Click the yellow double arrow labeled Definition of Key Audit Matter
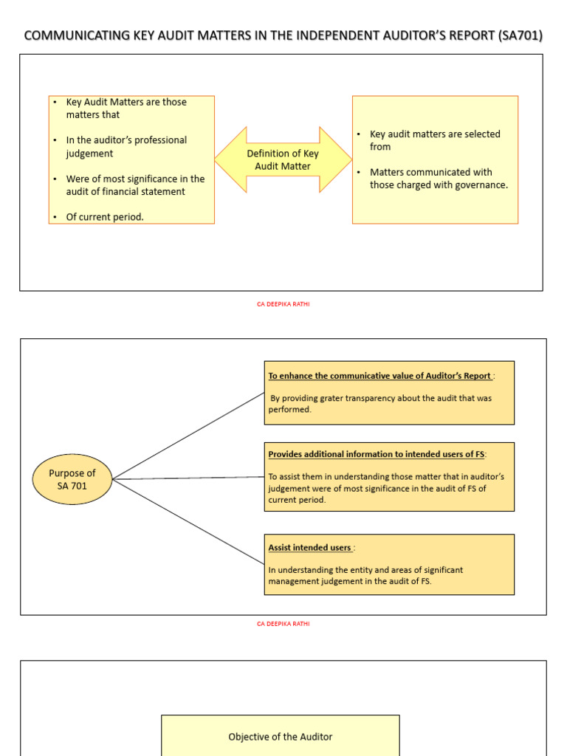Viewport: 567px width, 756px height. click(x=283, y=159)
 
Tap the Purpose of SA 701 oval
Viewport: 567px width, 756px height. click(x=72, y=479)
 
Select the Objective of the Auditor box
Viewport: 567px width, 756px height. click(x=280, y=736)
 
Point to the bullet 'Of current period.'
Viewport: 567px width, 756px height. click(x=105, y=217)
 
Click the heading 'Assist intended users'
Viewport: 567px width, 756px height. click(x=309, y=548)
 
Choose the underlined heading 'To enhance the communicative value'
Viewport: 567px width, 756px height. click(x=379, y=376)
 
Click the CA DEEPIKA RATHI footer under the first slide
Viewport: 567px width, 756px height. click(x=283, y=303)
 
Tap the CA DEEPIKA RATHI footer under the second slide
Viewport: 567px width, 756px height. click(x=283, y=624)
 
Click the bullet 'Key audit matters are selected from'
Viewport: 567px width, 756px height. click(x=434, y=140)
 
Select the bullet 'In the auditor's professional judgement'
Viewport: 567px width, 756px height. click(x=126, y=146)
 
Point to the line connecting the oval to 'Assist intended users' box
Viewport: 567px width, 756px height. click(x=188, y=521)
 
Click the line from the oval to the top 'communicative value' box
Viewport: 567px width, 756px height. click(x=188, y=436)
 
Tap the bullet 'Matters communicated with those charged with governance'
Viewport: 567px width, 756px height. click(x=439, y=179)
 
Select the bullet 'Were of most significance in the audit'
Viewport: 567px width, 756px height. click(x=134, y=185)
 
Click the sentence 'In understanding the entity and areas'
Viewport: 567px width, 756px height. click(x=365, y=570)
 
